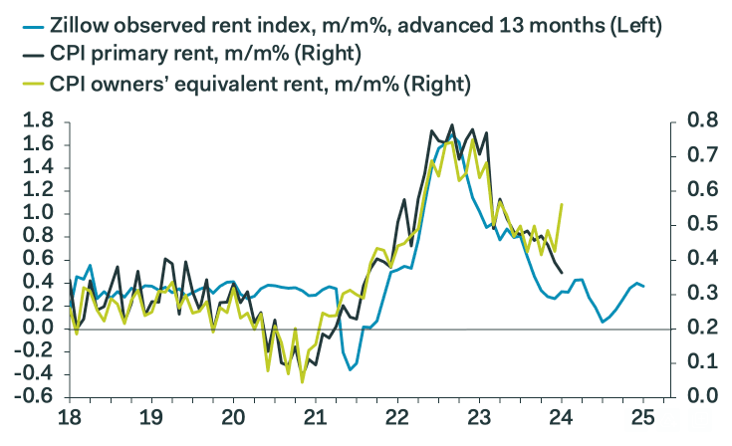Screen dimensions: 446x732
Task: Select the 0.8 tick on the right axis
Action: click(700, 121)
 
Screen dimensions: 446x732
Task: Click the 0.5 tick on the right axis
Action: click(700, 225)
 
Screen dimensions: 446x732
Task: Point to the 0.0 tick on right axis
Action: click(700, 397)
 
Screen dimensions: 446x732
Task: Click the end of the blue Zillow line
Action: click(643, 287)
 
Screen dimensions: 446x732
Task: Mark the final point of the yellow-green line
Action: click(563, 204)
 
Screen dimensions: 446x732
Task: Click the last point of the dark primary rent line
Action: click(562, 272)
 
